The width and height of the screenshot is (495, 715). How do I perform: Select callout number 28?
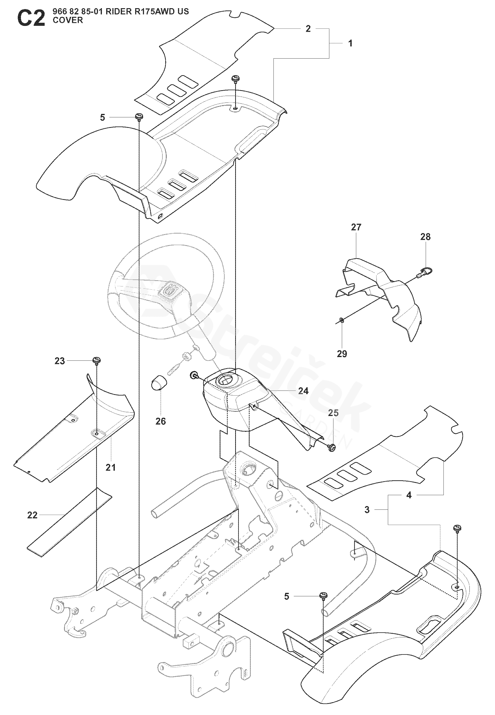[425, 237]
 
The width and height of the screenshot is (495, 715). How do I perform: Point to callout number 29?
[342, 354]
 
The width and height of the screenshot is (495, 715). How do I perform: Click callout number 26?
[161, 421]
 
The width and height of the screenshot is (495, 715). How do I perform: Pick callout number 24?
[303, 391]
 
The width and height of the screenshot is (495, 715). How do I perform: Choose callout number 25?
[333, 413]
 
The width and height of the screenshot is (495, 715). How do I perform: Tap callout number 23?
[59, 361]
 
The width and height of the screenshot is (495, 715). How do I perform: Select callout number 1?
[350, 44]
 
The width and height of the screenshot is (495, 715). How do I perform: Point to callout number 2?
[308, 29]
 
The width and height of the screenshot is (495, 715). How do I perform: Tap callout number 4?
[409, 496]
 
